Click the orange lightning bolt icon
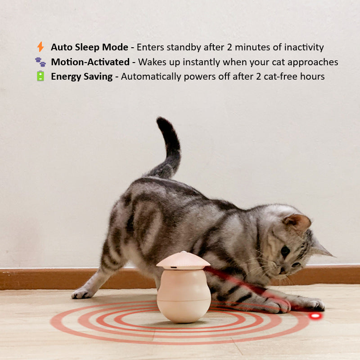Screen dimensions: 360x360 [40, 47]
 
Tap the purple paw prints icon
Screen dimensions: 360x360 [40, 62]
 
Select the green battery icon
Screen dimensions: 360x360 [40, 76]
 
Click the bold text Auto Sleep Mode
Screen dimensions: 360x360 [90, 47]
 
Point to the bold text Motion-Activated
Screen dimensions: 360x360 [90, 62]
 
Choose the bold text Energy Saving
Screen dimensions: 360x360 [82, 76]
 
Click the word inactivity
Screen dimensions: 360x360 [304, 47]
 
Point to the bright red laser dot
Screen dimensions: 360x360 [315, 316]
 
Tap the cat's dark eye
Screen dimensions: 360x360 [285, 251]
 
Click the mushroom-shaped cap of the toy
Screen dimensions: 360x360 [183, 261]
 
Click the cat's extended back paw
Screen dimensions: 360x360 [81, 294]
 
